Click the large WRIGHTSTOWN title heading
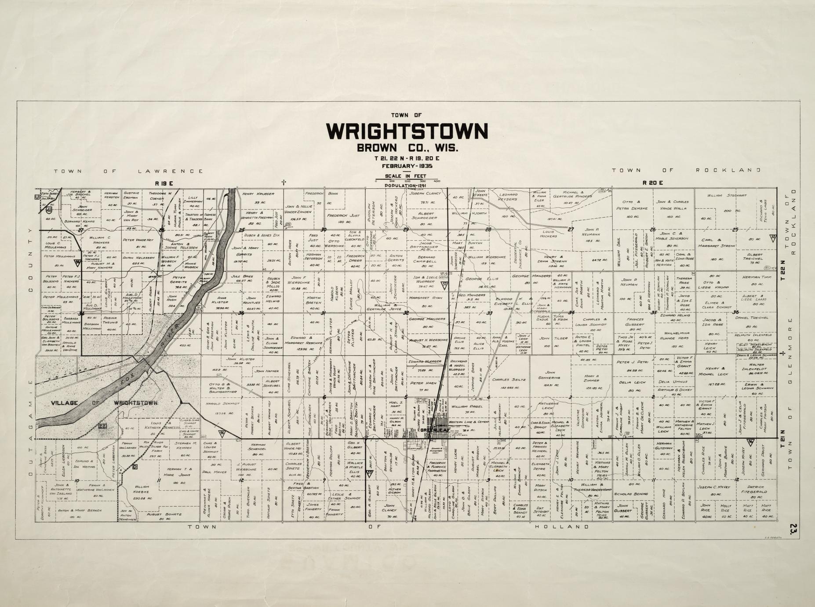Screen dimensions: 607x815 tap(407, 131)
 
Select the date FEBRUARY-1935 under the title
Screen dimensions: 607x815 tap(407, 166)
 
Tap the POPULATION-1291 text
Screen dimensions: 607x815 tap(407, 186)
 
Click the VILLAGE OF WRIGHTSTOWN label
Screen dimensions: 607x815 tap(104, 403)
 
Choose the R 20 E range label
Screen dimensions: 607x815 tap(652, 183)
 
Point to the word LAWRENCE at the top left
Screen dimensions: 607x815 tap(171, 171)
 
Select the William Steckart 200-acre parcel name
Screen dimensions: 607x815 tap(724, 195)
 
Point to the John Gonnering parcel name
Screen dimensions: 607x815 tap(549, 374)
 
